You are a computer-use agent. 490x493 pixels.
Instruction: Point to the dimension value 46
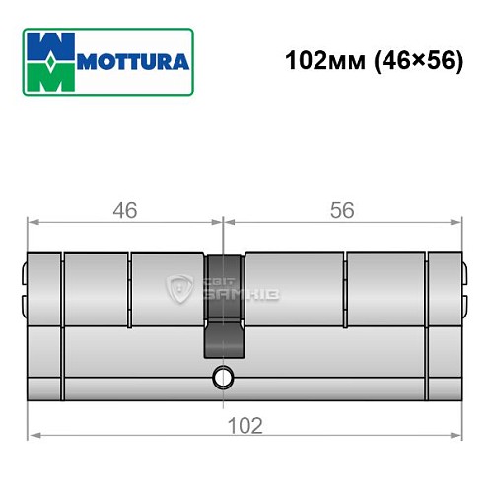123,210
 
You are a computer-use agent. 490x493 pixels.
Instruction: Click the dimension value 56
342,210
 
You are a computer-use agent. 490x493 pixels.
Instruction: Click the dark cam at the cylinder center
224,306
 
